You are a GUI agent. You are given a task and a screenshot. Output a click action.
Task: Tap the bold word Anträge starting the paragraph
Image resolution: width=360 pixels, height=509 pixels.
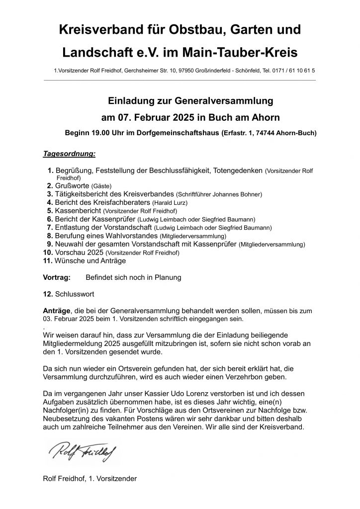pyautogui.click(x=57, y=310)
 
